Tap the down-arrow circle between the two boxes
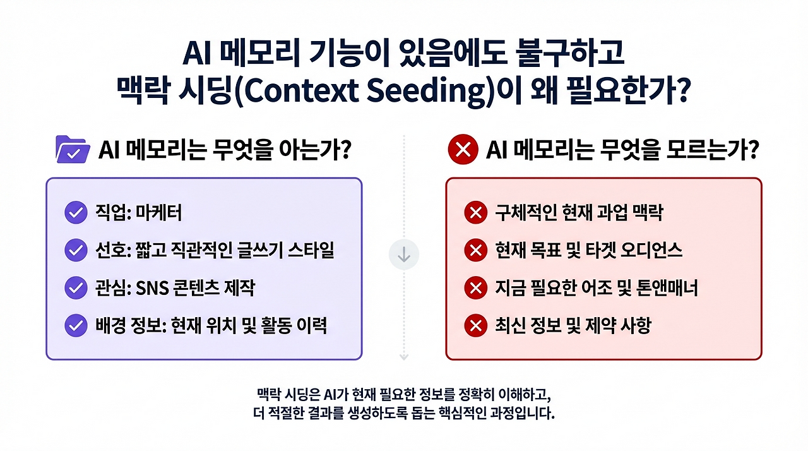click(x=404, y=255)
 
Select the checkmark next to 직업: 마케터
click(x=76, y=213)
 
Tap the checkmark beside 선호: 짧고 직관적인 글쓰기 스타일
click(x=76, y=251)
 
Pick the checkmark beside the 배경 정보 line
click(x=76, y=326)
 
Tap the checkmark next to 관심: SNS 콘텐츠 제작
click(x=76, y=289)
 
